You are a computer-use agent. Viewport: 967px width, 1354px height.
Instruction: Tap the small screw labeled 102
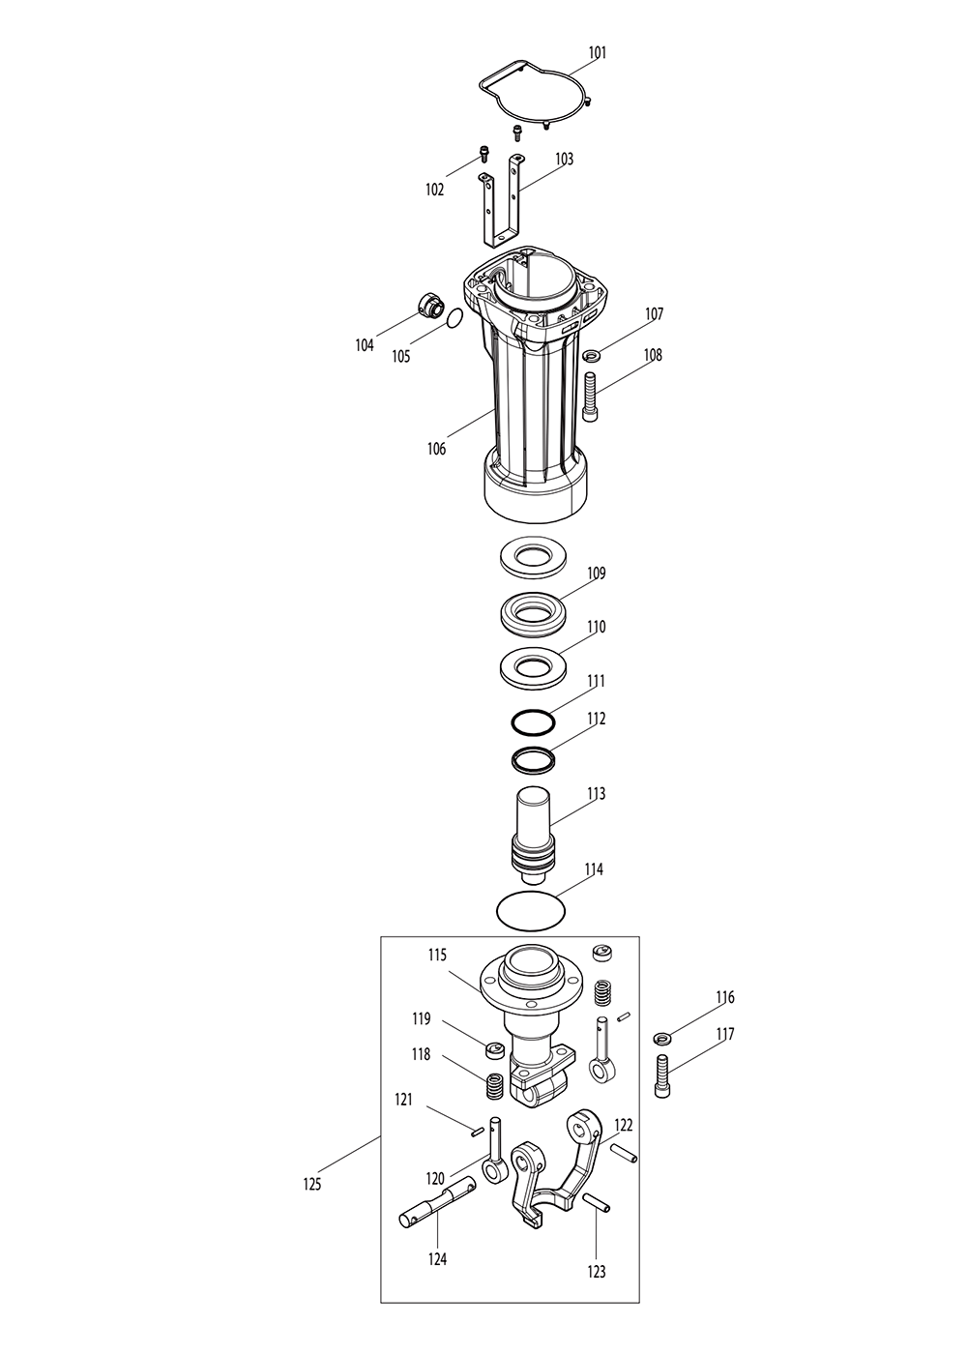[x=483, y=152]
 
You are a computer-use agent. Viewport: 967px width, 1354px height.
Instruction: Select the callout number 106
[x=436, y=449]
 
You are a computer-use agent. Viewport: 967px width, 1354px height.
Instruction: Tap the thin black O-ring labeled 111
[x=533, y=721]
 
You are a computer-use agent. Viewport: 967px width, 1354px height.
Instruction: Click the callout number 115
[x=437, y=955]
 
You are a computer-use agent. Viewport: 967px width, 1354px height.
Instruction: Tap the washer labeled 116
[x=662, y=1039]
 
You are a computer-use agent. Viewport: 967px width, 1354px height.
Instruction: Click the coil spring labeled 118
[x=494, y=1086]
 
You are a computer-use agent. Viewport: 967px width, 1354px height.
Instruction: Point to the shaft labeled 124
[x=436, y=1200]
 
